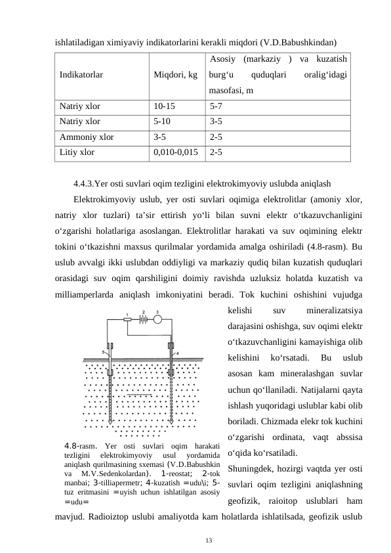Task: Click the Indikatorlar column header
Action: point(81,75)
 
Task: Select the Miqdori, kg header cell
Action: point(175,75)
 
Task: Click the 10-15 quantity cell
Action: point(164,105)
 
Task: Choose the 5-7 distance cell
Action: point(216,105)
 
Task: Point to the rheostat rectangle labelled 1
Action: point(127,321)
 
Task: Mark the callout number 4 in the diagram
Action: point(177,353)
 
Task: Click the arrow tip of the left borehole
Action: point(111,424)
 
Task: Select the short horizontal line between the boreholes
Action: point(140,397)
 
